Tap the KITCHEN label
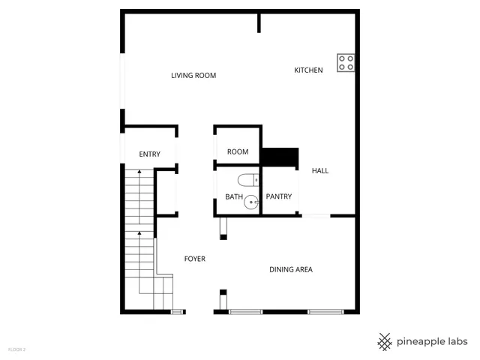308,70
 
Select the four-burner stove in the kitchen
346,63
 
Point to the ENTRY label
150,154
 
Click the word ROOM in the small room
238,152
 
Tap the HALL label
320,171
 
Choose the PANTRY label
278,197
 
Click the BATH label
234,197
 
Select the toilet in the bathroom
247,179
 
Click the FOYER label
195,259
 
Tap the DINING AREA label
291,269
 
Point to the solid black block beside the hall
280,157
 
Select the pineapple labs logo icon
385,341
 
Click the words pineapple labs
433,341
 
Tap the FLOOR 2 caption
16,349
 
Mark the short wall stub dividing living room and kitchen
259,22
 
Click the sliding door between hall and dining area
316,217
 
